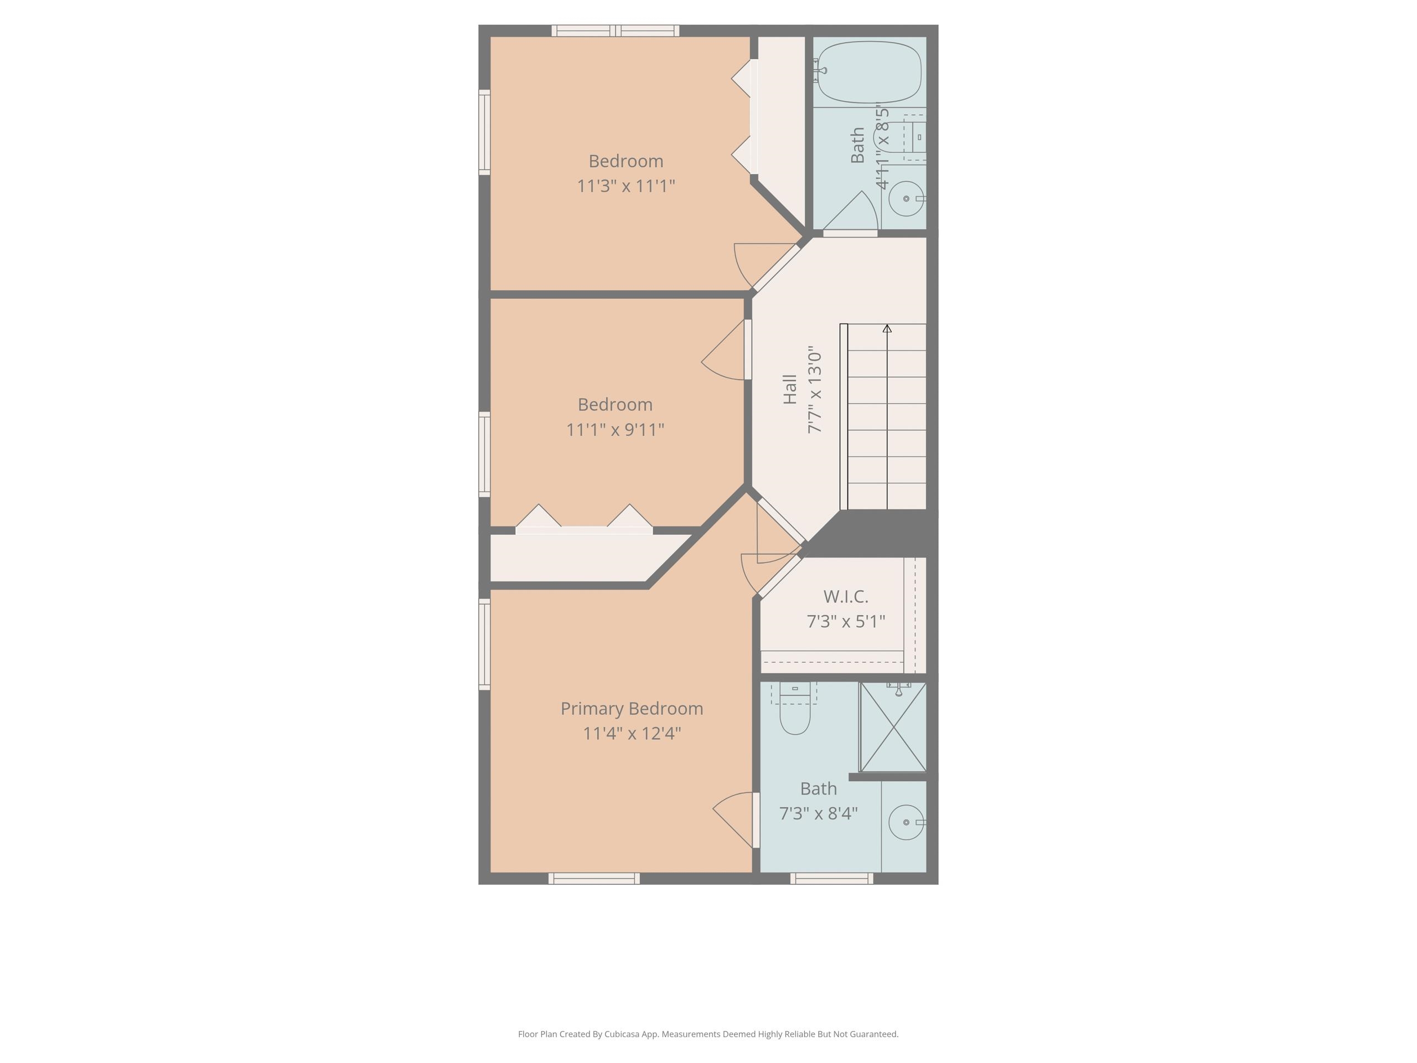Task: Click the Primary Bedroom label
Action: click(x=631, y=708)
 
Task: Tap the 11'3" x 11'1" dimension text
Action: click(x=626, y=186)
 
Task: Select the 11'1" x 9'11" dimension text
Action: click(x=615, y=429)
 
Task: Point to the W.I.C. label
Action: click(x=846, y=596)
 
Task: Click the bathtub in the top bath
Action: click(x=870, y=72)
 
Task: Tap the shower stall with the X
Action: click(x=892, y=727)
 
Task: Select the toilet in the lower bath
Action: click(x=795, y=711)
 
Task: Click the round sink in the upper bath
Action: click(x=906, y=199)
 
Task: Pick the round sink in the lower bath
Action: click(x=906, y=822)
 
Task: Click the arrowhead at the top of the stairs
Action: click(x=887, y=329)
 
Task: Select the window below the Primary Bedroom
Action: click(x=594, y=879)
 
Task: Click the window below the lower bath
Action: click(x=831, y=879)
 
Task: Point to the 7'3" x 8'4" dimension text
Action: click(x=818, y=813)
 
